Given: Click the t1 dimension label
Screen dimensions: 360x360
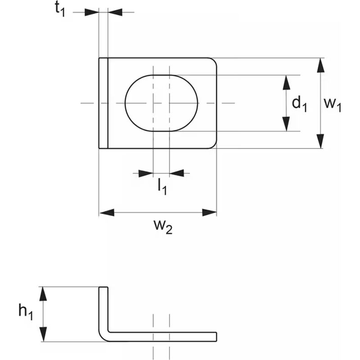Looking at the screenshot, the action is point(60,10).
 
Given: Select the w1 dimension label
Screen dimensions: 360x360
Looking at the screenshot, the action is point(333,104).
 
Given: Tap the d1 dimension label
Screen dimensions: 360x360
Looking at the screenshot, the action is point(299,103).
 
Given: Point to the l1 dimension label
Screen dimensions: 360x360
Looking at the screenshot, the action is point(162,187).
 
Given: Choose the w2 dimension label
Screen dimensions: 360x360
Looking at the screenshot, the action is point(163,227).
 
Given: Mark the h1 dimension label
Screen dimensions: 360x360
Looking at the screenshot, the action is point(26,312).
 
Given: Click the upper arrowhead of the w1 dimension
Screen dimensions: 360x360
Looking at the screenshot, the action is point(321,65).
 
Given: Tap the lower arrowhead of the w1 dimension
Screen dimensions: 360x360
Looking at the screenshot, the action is point(321,141).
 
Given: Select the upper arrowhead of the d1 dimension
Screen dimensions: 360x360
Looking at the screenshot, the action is point(286,82).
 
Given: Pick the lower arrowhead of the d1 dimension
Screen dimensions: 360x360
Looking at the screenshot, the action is point(286,124).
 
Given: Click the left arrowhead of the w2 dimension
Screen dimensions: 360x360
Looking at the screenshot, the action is point(107,212).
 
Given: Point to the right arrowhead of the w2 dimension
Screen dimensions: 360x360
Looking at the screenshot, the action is point(209,212).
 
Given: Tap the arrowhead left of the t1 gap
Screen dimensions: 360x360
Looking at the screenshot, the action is point(92,12).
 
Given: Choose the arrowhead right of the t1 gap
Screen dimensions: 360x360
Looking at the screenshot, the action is point(115,12).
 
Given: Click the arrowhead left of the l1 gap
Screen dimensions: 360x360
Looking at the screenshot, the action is point(146,173).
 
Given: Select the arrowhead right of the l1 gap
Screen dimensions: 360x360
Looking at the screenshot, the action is point(177,173).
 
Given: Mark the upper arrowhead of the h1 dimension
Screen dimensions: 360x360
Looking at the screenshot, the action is point(43,294).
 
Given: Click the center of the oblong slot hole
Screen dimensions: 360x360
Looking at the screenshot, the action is point(161,103).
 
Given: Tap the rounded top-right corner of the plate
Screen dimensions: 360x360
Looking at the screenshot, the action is point(213,61).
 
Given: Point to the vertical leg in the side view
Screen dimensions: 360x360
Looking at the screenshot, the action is point(103,310).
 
